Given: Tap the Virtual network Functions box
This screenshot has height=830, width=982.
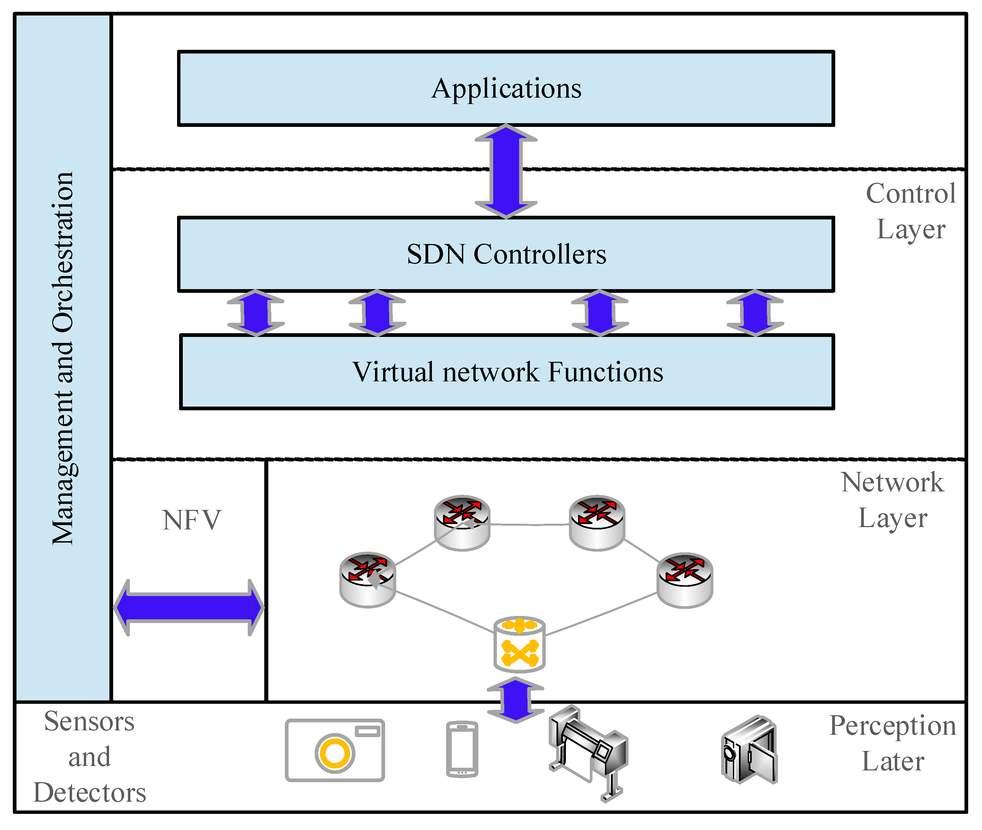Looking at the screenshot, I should coord(507,372).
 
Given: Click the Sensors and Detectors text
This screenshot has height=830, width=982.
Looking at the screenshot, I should coord(90,757).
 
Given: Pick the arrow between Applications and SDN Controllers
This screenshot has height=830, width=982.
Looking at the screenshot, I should coord(506,171).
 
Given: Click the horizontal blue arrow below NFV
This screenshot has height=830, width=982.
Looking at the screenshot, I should coord(189,608).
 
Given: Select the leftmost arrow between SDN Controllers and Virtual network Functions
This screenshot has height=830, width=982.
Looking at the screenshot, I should coord(256,313).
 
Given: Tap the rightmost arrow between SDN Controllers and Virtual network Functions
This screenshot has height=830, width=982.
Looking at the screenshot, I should coord(755,313).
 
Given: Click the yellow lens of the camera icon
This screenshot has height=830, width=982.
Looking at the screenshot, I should coord(335,753).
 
